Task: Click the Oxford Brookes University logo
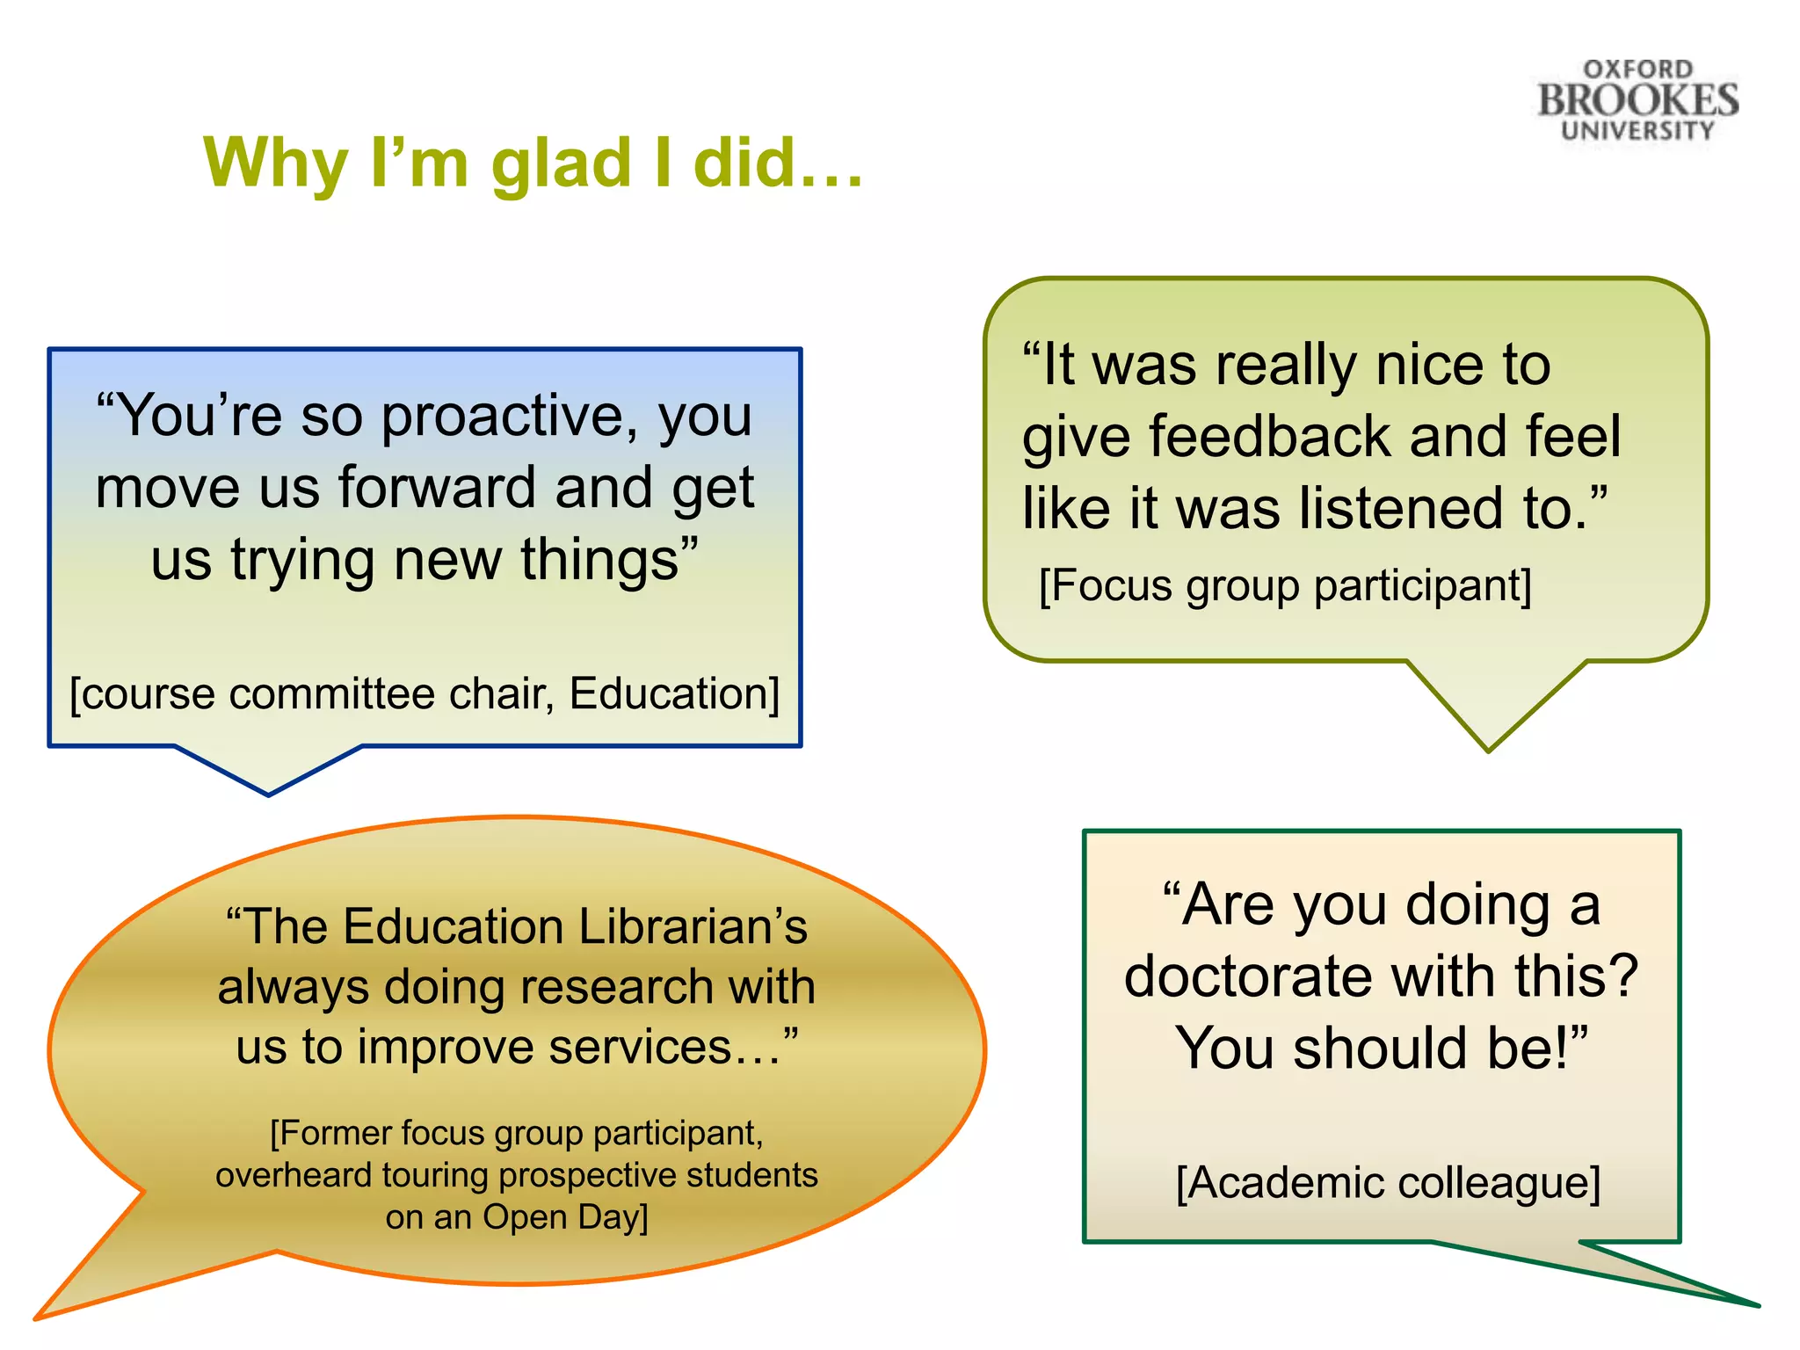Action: pyautogui.click(x=1637, y=100)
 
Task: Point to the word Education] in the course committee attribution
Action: pyautogui.click(x=675, y=694)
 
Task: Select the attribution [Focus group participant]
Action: pyautogui.click(x=1285, y=586)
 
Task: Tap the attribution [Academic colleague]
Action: pyautogui.click(x=1388, y=1183)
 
